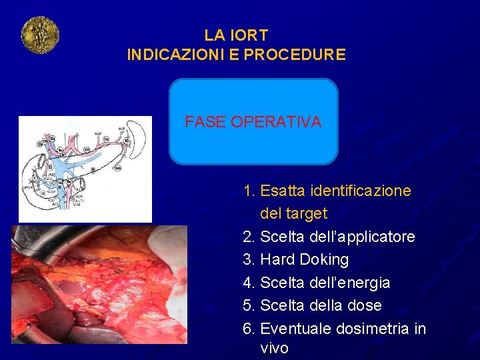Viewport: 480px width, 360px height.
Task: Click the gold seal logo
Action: (40, 35)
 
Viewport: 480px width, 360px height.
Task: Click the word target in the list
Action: (307, 214)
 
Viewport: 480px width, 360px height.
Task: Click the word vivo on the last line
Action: (275, 349)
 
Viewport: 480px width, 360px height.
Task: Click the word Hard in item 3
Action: (278, 259)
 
